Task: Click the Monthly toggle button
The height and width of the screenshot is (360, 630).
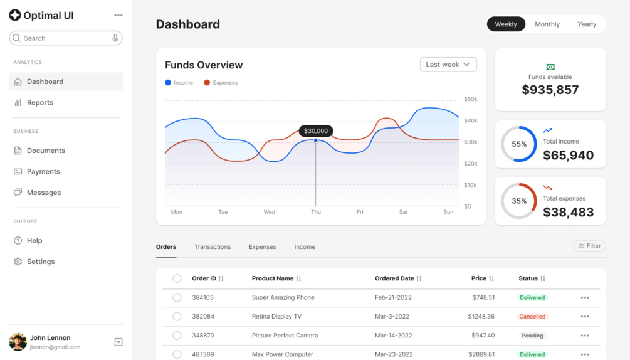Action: click(x=547, y=24)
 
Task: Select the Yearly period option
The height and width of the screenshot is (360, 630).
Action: click(x=587, y=24)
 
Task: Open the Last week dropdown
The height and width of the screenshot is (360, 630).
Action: click(x=448, y=65)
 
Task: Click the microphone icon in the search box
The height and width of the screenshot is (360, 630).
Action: click(x=115, y=38)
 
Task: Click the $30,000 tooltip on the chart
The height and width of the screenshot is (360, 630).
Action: click(x=316, y=130)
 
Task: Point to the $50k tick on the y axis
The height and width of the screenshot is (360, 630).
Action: click(x=471, y=99)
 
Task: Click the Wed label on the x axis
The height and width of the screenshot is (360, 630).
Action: click(x=269, y=212)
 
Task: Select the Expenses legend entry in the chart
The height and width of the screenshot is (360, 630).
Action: click(x=221, y=82)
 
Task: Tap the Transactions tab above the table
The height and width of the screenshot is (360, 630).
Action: click(x=213, y=246)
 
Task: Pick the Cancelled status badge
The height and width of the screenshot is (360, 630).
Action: click(x=532, y=317)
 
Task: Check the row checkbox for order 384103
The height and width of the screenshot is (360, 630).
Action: click(x=177, y=297)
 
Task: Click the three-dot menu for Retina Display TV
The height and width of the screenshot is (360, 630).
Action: click(x=585, y=317)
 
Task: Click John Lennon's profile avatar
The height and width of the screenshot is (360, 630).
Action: click(x=18, y=342)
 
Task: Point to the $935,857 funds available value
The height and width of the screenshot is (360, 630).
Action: click(x=550, y=90)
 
